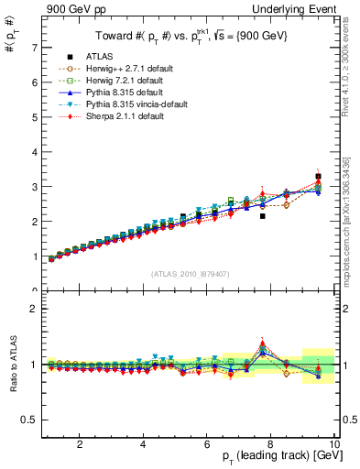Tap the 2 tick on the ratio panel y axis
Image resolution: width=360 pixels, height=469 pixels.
[x=33, y=309]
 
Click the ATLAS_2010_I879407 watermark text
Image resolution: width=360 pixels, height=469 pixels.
[x=190, y=274]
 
